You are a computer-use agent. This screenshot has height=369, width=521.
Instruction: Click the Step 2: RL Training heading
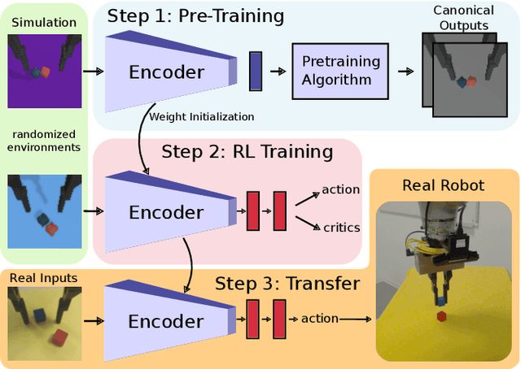click(x=247, y=152)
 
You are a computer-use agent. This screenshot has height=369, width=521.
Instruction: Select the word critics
click(x=340, y=228)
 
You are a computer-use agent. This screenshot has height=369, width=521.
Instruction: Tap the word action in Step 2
click(x=340, y=189)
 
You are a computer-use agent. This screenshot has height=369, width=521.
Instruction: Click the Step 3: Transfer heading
click(x=287, y=284)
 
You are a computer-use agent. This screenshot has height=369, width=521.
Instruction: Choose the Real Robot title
click(x=444, y=185)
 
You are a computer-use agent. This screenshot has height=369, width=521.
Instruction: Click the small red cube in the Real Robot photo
click(x=442, y=315)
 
